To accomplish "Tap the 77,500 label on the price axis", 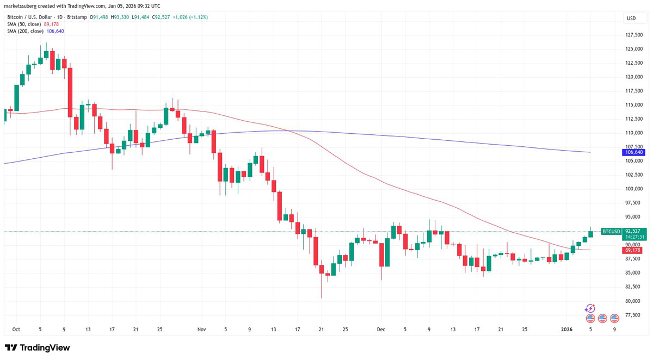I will point(633,315).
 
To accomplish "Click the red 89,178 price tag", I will point(633,250).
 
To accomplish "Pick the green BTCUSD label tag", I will point(611,232).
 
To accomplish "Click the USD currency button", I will point(631,18).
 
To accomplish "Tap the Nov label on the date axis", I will point(202,329).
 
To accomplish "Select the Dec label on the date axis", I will point(381,329).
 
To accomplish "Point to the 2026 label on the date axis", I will point(567,329).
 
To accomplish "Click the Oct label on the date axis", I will point(15,329).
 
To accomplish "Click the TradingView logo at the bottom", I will point(38,347).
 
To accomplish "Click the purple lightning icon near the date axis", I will point(590,308).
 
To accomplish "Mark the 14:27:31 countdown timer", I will point(634,237).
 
